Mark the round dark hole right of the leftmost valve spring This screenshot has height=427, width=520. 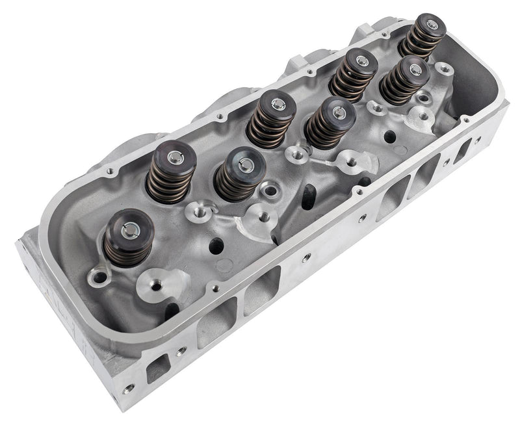pos(214,246)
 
